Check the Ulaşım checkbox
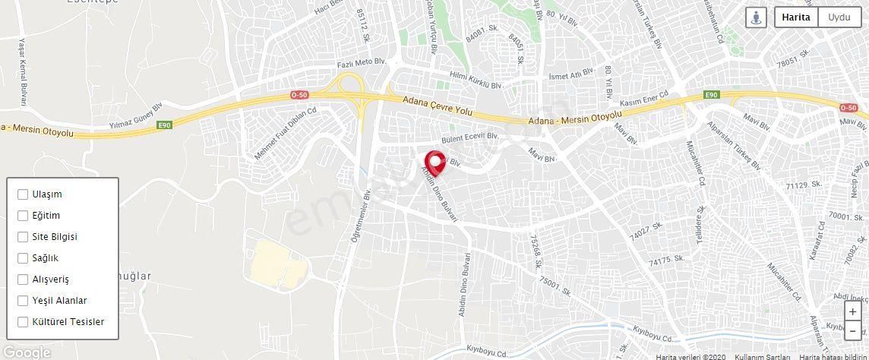[x=23, y=194]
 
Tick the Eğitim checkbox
[x=23, y=216]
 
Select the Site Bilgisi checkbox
[x=23, y=237]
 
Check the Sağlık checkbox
[x=23, y=258]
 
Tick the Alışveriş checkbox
[x=23, y=279]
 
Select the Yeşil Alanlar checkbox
[x=23, y=301]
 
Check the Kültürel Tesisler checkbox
[x=23, y=322]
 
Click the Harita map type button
[x=796, y=17]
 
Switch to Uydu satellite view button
[x=839, y=17]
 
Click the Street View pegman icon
[x=757, y=17]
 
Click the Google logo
[x=26, y=352]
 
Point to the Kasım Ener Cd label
[x=643, y=99]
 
